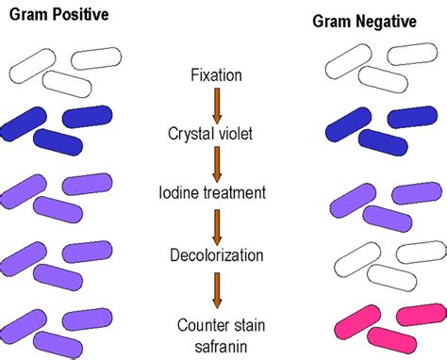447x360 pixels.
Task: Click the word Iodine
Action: click(182, 193)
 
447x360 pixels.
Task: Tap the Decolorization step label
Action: click(216, 254)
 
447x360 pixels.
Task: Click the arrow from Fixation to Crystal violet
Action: click(216, 104)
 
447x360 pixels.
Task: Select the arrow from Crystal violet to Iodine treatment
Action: click(216, 163)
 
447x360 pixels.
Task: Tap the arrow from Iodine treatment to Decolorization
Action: click(216, 224)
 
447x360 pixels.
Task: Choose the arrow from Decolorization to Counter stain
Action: click(216, 288)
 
